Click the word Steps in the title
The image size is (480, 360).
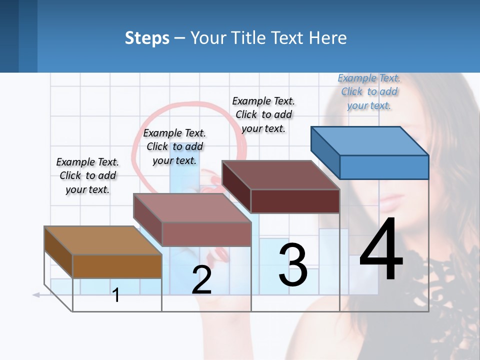click(147, 38)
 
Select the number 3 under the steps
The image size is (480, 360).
click(293, 265)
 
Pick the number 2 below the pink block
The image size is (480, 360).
click(201, 280)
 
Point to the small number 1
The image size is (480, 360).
click(116, 295)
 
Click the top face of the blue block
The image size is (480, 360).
click(370, 140)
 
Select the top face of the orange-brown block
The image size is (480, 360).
click(103, 240)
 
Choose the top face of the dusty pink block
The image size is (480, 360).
click(192, 207)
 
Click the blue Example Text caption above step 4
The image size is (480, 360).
click(369, 91)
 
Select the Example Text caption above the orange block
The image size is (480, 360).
click(87, 175)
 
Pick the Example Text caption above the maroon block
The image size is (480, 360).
click(263, 114)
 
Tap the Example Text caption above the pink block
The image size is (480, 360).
click(174, 146)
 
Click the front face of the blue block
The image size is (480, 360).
click(384, 167)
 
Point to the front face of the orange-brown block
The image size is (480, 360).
click(117, 266)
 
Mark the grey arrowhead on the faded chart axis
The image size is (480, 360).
click(36, 295)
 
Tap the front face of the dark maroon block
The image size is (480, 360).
click(295, 201)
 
